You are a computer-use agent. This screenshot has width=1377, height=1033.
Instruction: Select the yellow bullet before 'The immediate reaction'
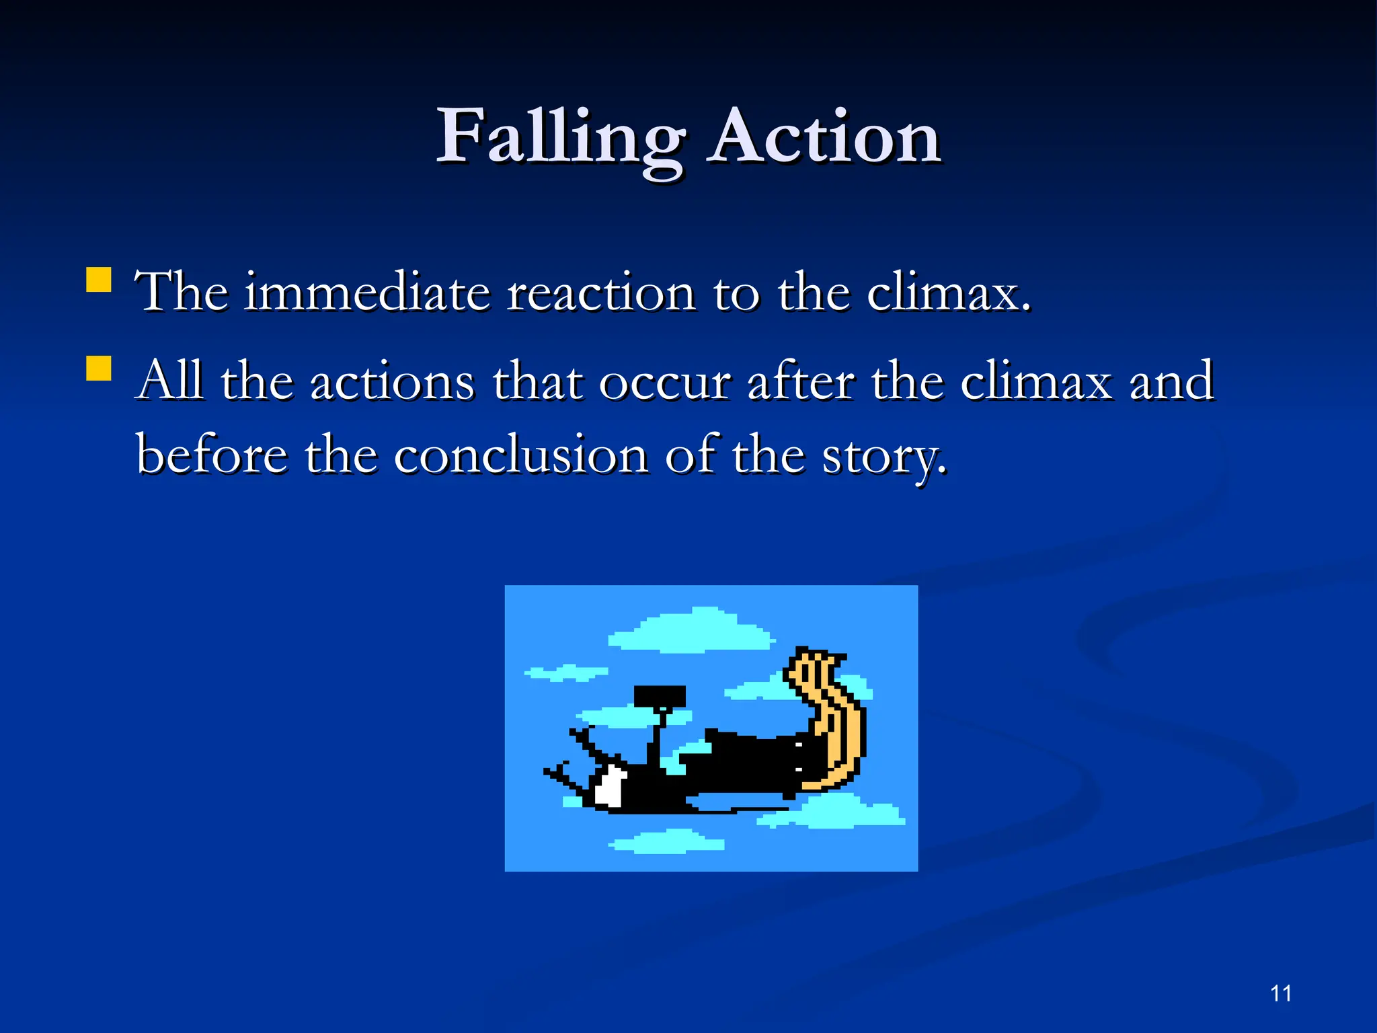99,280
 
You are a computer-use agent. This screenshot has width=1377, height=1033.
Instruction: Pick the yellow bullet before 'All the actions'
99,369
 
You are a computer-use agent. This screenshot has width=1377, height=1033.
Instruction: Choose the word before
212,454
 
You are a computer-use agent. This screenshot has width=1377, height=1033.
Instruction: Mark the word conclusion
521,454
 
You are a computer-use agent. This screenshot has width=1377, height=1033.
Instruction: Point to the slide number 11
1281,993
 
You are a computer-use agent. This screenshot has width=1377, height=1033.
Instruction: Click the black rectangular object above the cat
660,696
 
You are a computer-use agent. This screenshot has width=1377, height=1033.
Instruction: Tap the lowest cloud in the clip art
669,842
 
